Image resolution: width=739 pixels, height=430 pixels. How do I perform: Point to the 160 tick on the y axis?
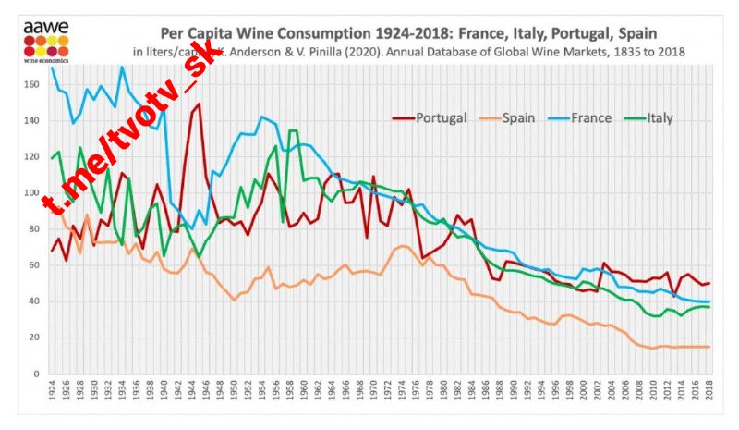pyautogui.click(x=34, y=85)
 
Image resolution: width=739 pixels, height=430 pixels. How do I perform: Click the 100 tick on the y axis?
pyautogui.click(x=34, y=193)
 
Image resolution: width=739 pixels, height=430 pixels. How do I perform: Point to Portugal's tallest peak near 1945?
pyautogui.click(x=199, y=104)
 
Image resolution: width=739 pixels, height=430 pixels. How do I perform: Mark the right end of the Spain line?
pyautogui.click(x=709, y=347)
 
